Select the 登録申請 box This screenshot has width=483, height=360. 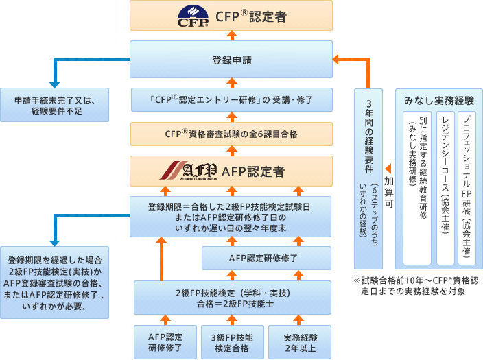click(x=231, y=60)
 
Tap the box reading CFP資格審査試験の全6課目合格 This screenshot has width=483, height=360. click(x=231, y=133)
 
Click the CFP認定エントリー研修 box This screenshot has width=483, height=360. click(x=231, y=100)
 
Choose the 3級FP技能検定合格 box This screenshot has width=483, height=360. click(x=231, y=341)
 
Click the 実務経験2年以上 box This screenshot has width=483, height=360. click(x=298, y=341)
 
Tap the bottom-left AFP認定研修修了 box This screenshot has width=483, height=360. click(x=165, y=341)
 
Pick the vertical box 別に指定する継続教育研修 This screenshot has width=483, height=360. click(x=417, y=187)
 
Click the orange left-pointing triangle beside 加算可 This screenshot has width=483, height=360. click(x=388, y=168)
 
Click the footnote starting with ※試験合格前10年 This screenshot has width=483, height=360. click(x=414, y=285)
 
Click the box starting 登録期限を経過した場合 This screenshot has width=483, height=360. click(x=54, y=282)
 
